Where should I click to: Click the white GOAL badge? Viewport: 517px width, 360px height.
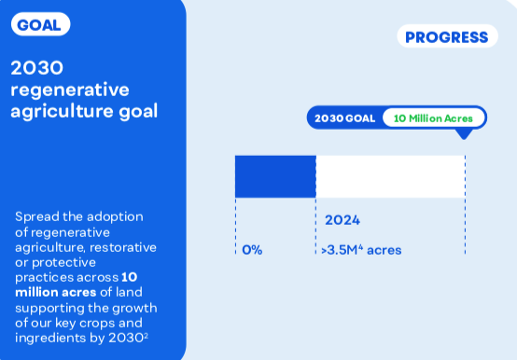coord(40,24)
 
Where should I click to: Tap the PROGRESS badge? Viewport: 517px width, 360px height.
coord(447,36)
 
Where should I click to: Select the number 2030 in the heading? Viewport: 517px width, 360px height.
coord(37,68)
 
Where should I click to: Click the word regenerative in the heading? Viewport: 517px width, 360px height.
coord(70,90)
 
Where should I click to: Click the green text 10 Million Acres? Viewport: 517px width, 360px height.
coord(433,118)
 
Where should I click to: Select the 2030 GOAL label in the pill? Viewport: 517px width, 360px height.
coord(345,118)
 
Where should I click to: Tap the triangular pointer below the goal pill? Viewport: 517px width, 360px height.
coord(464,134)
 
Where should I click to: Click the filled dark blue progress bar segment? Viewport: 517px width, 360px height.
coord(275,176)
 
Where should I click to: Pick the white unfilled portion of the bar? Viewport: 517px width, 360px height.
coord(391,176)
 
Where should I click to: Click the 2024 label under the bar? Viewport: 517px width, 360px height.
coord(342,220)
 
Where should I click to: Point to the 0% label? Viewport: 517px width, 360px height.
coord(252,250)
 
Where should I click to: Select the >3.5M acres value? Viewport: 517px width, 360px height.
coord(361,250)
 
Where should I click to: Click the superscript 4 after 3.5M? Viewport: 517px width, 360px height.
coord(361,247)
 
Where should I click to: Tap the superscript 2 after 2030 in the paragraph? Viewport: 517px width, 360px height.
coord(147,335)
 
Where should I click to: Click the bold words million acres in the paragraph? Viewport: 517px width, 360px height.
coord(56,292)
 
